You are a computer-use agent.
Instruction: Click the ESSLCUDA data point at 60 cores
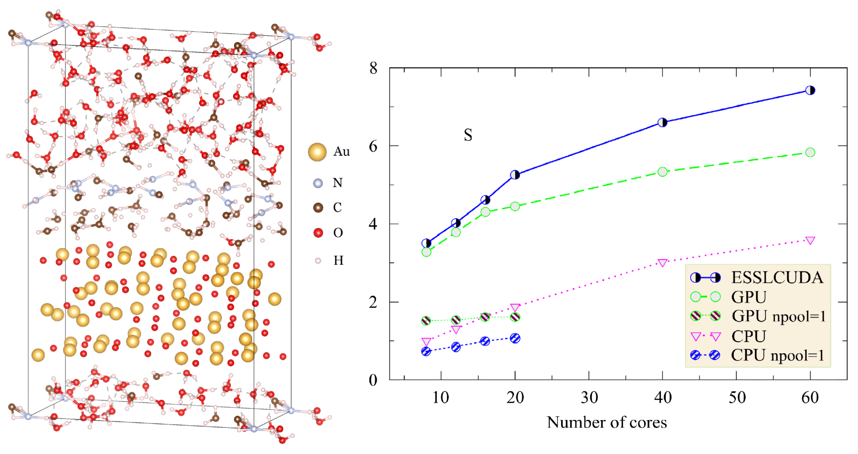coord(810,90)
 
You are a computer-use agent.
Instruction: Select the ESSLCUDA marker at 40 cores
coord(662,122)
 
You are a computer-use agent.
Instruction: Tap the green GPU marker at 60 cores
coord(810,153)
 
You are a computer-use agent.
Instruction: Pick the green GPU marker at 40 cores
coord(662,172)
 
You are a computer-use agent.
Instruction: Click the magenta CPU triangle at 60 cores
coord(810,240)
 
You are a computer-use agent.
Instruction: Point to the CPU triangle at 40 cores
coord(662,263)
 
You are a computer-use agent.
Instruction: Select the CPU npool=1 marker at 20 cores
coord(515,338)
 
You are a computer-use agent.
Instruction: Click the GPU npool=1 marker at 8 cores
coord(426,321)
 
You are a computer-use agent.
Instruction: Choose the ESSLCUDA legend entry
coord(777,278)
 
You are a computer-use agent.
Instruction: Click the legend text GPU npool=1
coord(778,316)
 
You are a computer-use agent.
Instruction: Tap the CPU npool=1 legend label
coord(777,355)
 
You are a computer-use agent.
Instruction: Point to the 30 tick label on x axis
coord(589,398)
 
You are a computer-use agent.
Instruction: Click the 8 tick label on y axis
coord(373,68)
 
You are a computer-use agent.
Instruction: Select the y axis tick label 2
coord(373,302)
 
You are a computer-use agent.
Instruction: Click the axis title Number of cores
coord(606,422)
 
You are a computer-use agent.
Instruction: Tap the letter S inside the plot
coord(468,135)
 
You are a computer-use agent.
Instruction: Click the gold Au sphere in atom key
coord(317,152)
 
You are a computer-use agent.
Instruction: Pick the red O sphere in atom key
coord(318,233)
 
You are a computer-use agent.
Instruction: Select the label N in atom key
coord(337,183)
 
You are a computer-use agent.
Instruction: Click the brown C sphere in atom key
coord(318,207)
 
